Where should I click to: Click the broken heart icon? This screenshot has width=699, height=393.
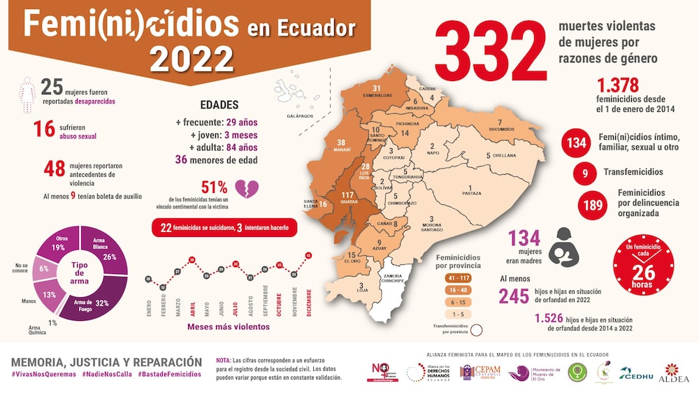pyautogui.click(x=249, y=189)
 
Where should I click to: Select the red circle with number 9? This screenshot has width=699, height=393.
pyautogui.click(x=584, y=172)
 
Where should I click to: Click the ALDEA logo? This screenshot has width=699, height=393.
pyautogui.click(x=675, y=373)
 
